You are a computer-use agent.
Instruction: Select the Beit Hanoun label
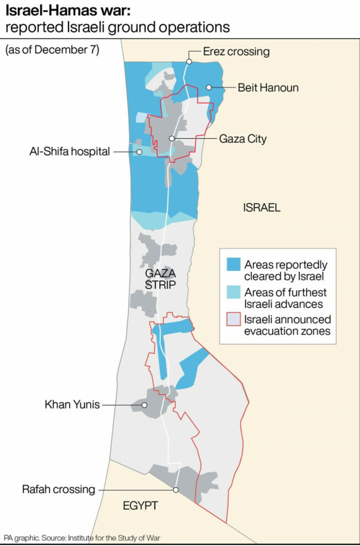click(x=268, y=87)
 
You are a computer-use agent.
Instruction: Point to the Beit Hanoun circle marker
click(x=209, y=87)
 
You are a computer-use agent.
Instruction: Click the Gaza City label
click(x=243, y=138)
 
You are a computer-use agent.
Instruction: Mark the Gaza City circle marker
click(x=172, y=138)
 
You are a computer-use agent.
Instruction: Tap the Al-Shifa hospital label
click(x=70, y=151)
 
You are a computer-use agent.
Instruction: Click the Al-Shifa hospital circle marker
click(x=140, y=151)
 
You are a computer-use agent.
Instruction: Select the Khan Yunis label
click(x=72, y=405)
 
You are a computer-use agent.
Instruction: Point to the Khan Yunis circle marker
click(x=145, y=405)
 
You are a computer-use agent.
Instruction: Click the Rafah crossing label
click(x=59, y=490)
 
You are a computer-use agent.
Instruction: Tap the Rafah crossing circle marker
click(x=176, y=490)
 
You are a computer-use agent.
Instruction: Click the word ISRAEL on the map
click(x=262, y=208)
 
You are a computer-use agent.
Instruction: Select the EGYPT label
click(x=141, y=506)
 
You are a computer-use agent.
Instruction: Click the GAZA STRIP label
click(x=160, y=280)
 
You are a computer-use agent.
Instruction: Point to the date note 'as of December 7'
click(x=52, y=50)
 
